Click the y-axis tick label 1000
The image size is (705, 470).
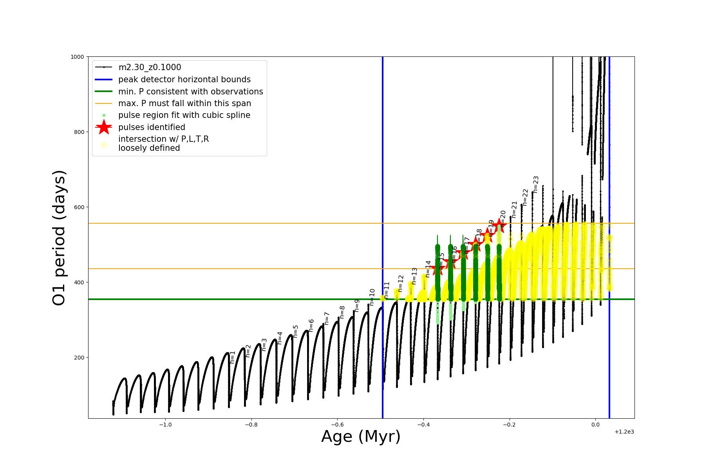coord(77,57)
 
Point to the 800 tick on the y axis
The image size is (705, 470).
coord(79,132)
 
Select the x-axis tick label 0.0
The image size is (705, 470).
coord(595,425)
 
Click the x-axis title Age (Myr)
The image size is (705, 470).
coord(361,437)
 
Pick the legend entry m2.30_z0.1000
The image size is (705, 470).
coord(150,67)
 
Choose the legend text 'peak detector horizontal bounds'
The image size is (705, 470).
coord(184,80)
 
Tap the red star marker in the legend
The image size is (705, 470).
coord(104,127)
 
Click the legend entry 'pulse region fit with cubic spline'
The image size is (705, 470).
coord(184,115)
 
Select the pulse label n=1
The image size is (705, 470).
coord(233,357)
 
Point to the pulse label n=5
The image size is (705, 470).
coord(296,331)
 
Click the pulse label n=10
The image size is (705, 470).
coord(372,297)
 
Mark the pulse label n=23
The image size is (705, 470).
coord(536,184)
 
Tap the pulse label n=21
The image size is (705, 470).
coord(514,210)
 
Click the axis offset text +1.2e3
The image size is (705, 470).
coord(624,432)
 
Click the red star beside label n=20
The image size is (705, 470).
coord(499,225)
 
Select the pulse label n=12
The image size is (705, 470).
coord(400,283)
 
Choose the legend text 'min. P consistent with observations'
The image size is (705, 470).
coord(190,92)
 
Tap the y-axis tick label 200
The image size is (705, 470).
coord(79,358)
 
